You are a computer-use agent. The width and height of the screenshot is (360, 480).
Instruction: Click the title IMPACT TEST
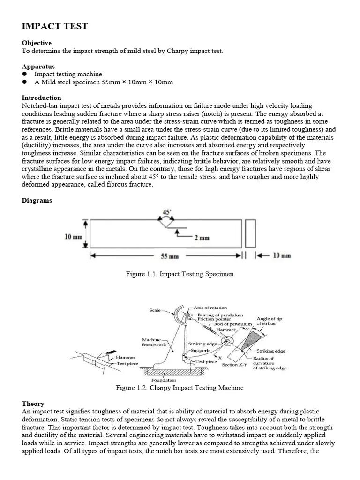[x=54, y=26]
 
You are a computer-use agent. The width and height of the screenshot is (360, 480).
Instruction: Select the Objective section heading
[x=37, y=43]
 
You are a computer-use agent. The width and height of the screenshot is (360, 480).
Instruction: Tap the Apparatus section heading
[x=38, y=67]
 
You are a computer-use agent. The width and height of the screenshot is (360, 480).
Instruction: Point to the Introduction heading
[x=41, y=98]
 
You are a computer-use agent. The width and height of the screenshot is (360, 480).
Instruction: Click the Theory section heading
[x=33, y=404]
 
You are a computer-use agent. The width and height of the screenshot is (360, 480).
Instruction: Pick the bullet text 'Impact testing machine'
[x=68, y=75]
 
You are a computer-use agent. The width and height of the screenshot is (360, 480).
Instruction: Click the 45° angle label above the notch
[x=166, y=212]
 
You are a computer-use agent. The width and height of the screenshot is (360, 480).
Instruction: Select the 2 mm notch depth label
[x=202, y=238]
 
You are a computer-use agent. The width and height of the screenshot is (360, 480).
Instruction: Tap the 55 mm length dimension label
[x=167, y=256]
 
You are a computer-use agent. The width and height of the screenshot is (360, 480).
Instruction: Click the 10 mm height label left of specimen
[x=74, y=237]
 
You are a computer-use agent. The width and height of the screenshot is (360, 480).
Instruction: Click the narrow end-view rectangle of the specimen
[x=250, y=233]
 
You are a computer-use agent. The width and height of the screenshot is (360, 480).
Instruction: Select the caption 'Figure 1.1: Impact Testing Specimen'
[x=180, y=274]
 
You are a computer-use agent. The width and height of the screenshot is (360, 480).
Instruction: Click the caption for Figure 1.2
[x=180, y=388]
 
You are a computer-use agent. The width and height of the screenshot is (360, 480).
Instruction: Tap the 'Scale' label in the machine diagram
[x=155, y=310]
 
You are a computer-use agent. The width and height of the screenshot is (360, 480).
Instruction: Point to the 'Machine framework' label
[x=154, y=342]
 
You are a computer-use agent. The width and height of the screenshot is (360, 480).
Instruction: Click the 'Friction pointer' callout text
[x=214, y=319]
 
